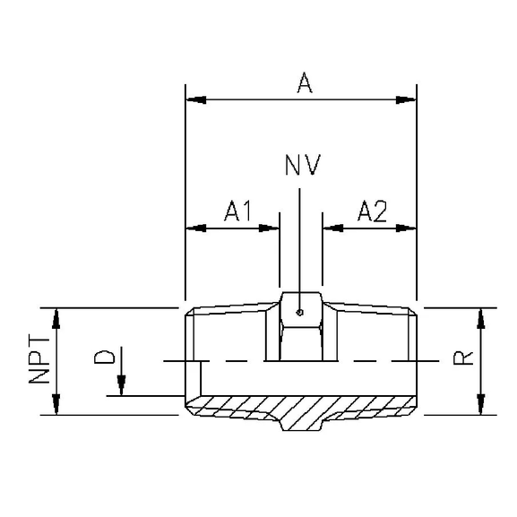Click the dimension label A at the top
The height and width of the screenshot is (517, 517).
coord(304,83)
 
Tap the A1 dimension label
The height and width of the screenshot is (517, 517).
coord(236,211)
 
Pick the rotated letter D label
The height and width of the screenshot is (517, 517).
coord(105,360)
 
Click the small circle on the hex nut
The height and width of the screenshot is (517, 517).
coord(301,313)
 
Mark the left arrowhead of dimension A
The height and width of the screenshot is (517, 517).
coord(192,98)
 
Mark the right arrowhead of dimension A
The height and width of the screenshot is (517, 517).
coord(409,98)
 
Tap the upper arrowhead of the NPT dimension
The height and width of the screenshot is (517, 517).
coord(57,315)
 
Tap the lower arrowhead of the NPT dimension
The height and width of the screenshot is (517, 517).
coord(57,408)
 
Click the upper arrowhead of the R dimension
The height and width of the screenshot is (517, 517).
coord(482,315)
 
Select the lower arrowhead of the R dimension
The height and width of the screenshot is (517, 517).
coord(482,408)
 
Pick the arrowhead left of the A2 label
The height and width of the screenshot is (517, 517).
coord(330,228)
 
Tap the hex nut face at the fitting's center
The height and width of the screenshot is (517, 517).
coord(301,336)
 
